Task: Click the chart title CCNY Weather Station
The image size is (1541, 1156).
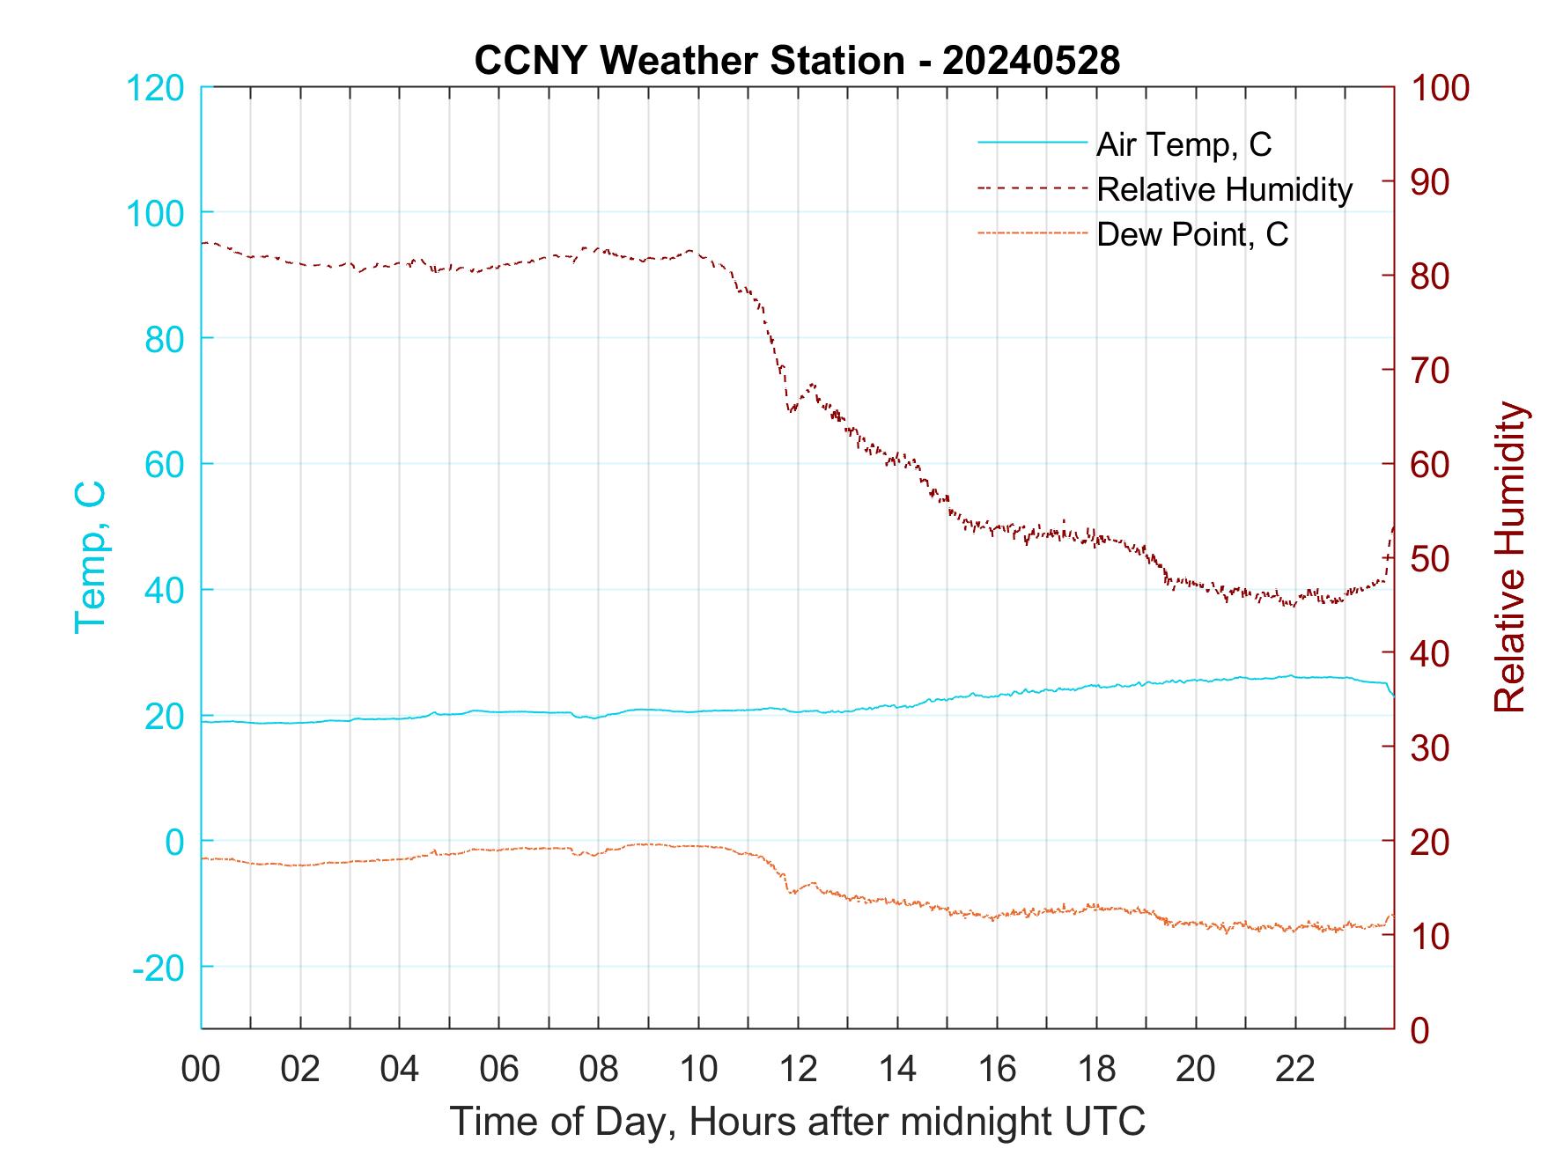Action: pos(689,61)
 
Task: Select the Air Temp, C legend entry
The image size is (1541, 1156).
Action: pos(1183,144)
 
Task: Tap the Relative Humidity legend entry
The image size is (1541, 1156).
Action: pos(1224,189)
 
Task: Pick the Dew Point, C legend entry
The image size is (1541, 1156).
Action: pos(1191,235)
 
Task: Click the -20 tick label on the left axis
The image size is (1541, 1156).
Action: pos(158,968)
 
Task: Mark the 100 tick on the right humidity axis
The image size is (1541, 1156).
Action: pos(1441,87)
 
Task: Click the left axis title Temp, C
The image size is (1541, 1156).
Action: pos(91,556)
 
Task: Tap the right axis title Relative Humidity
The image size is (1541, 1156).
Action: pos(1509,556)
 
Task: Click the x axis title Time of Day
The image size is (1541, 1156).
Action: pos(797,1121)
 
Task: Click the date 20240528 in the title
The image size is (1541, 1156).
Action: pos(1031,61)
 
